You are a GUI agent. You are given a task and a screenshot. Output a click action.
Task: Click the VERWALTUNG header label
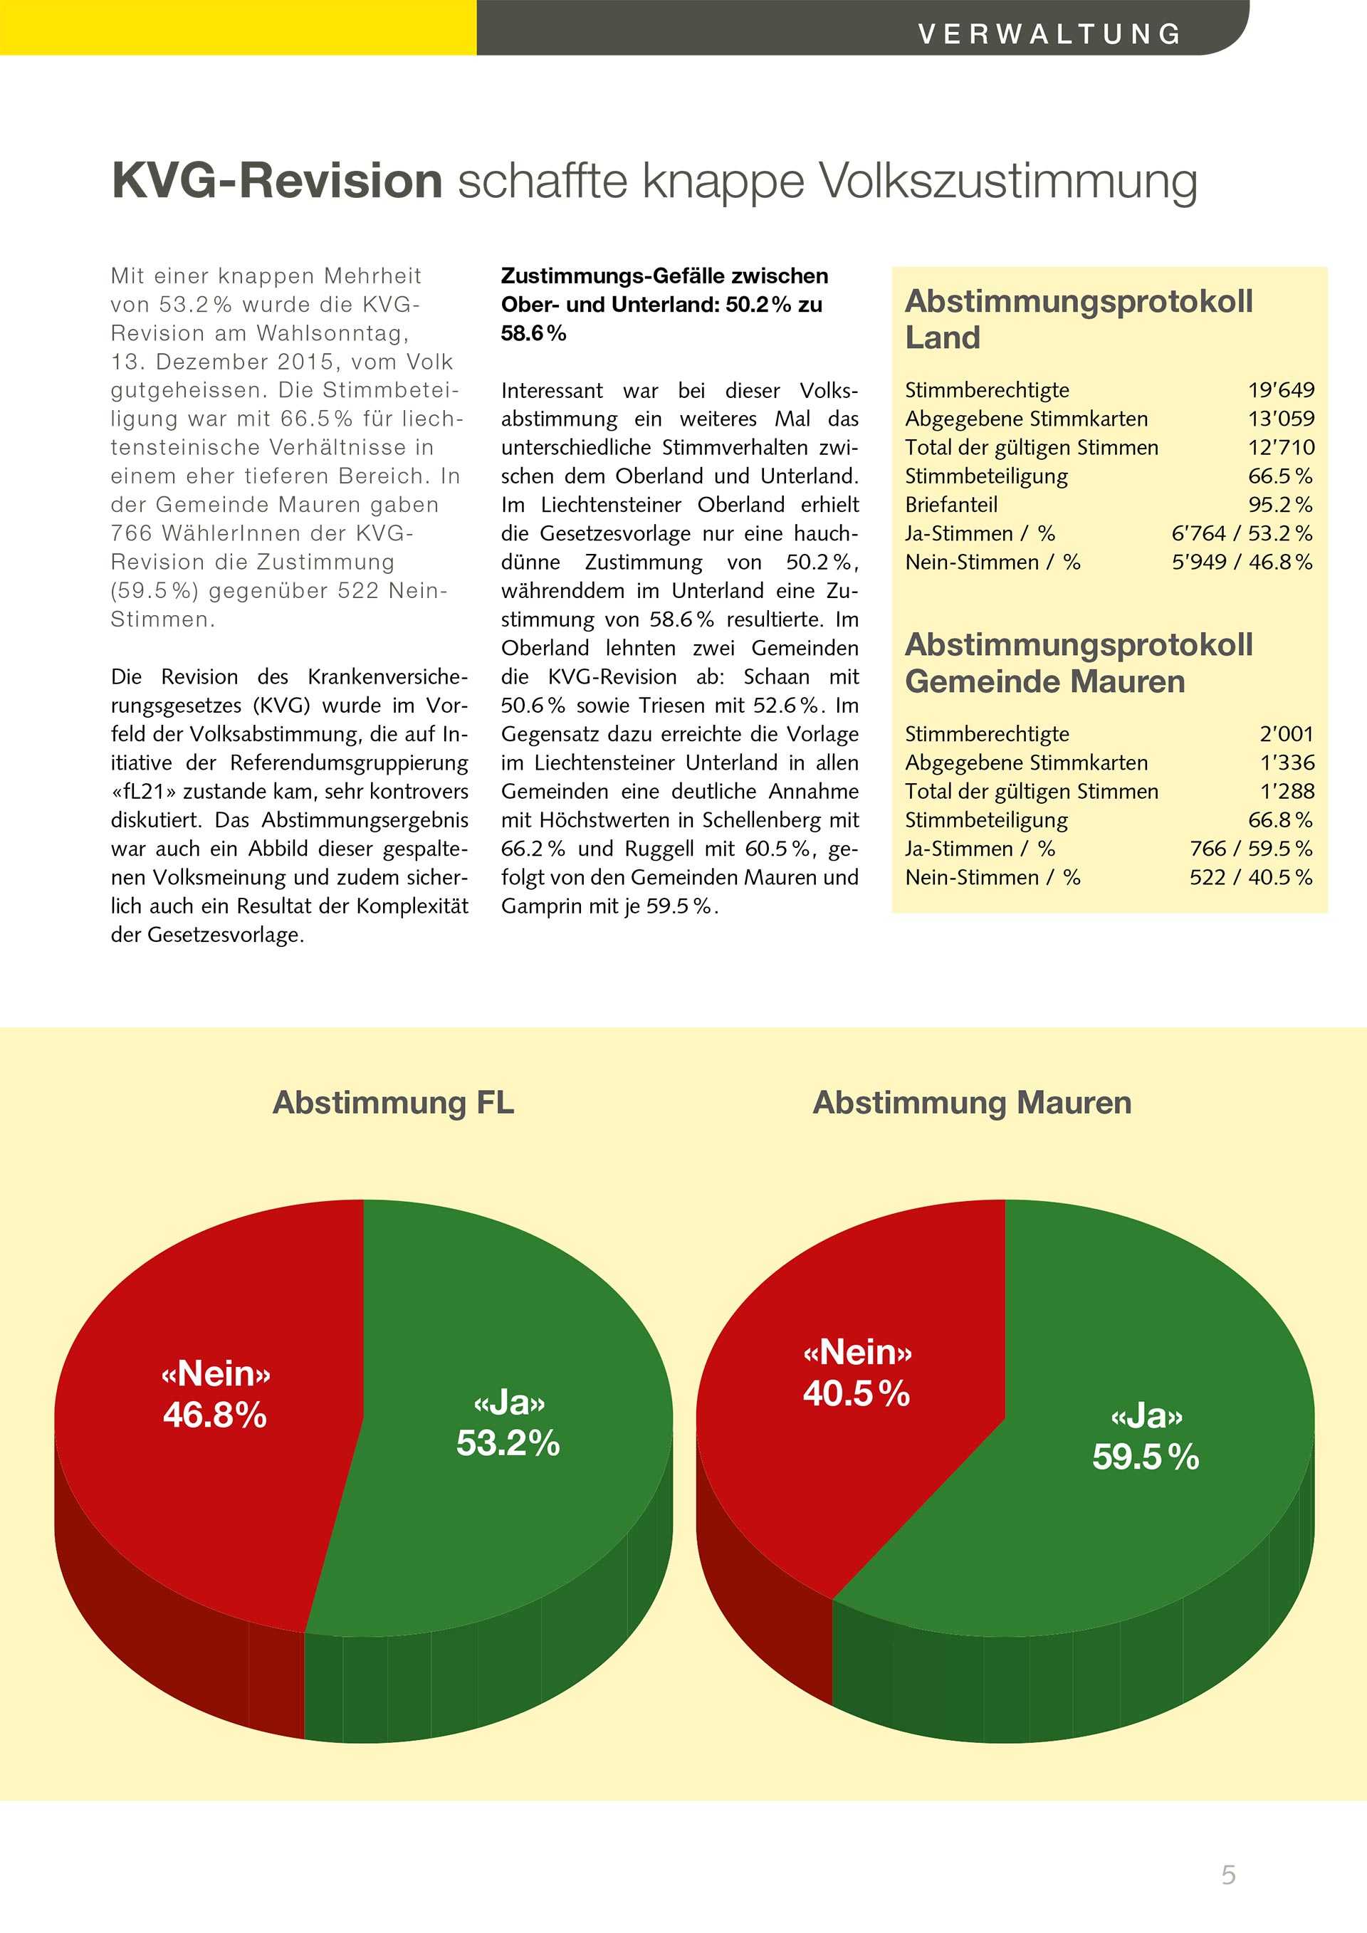point(1049,33)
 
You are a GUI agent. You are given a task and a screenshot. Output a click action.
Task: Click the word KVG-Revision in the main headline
point(277,180)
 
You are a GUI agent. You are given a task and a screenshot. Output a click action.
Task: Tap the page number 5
point(1228,1874)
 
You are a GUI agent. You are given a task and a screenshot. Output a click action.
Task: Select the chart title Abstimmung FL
point(393,1102)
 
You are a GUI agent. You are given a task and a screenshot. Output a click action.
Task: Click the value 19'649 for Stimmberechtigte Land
point(1280,389)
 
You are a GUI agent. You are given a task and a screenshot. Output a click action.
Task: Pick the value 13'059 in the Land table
point(1280,419)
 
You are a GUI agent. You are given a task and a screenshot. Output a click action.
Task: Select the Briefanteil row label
point(950,504)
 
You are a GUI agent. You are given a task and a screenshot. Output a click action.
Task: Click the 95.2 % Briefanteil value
point(1279,504)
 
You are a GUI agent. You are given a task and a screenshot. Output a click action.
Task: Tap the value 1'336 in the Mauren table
point(1287,763)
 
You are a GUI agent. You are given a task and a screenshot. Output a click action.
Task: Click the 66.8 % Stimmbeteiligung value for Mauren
point(1279,820)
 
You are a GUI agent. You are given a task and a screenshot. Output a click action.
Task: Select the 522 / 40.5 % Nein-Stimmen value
point(1250,877)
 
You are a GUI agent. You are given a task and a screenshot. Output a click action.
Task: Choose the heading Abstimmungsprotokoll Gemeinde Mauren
point(1078,663)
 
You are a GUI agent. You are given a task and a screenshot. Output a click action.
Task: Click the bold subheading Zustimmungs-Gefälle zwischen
point(664,276)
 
